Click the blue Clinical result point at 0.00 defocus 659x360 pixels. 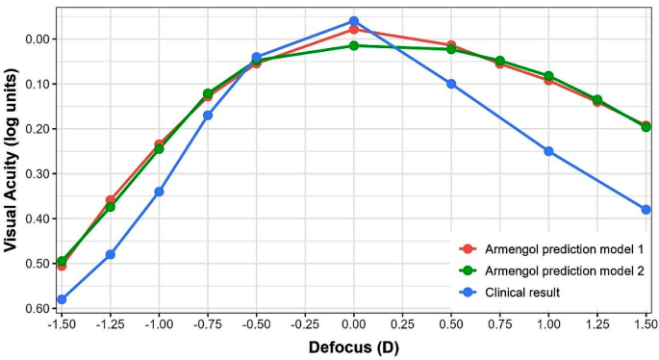click(354, 21)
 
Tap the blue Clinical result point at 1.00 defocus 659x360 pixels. click(548, 151)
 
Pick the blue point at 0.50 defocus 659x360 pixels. click(451, 84)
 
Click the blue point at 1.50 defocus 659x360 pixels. click(646, 209)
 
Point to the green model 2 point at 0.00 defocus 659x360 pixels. click(354, 45)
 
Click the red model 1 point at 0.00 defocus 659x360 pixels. click(354, 30)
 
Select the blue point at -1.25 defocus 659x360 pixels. click(111, 254)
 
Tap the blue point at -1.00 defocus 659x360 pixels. click(159, 192)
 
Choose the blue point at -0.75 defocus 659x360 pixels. click(208, 116)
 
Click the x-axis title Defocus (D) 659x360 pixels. click(353, 347)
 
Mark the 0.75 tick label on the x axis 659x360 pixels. click(499, 325)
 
